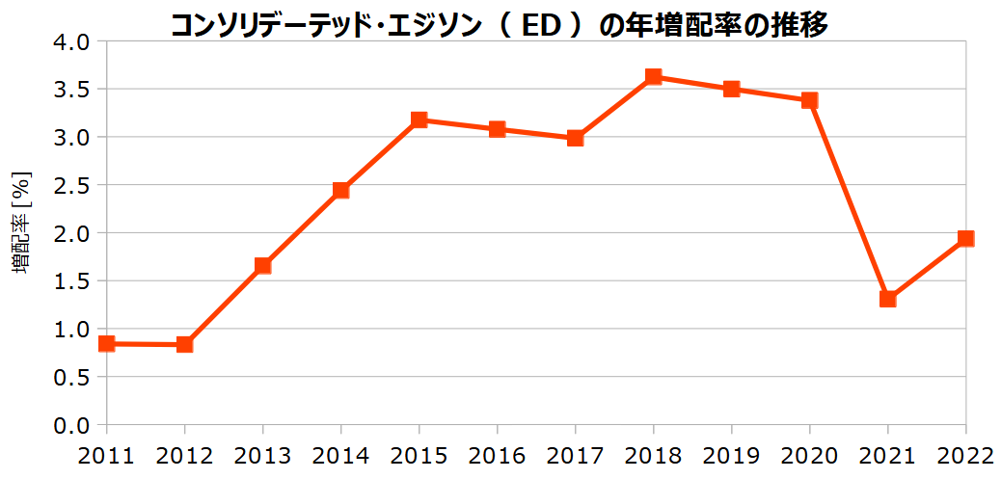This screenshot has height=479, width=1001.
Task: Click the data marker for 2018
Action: (653, 77)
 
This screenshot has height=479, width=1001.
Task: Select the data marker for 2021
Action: (887, 299)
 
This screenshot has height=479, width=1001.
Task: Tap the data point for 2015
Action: (419, 120)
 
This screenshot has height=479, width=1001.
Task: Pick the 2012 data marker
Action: (184, 344)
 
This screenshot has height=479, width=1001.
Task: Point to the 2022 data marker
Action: (965, 238)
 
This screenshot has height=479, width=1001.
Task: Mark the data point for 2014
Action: (340, 190)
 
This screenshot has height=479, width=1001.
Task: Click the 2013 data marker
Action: (262, 266)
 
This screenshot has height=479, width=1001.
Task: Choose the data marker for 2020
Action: (809, 100)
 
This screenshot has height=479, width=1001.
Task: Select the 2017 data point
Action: (575, 138)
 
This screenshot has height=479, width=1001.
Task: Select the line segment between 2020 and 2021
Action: (849, 200)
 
